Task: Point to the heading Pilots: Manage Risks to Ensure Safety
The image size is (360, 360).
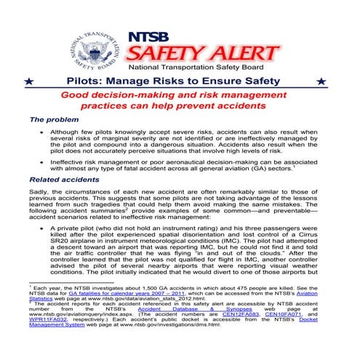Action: click(x=179, y=82)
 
